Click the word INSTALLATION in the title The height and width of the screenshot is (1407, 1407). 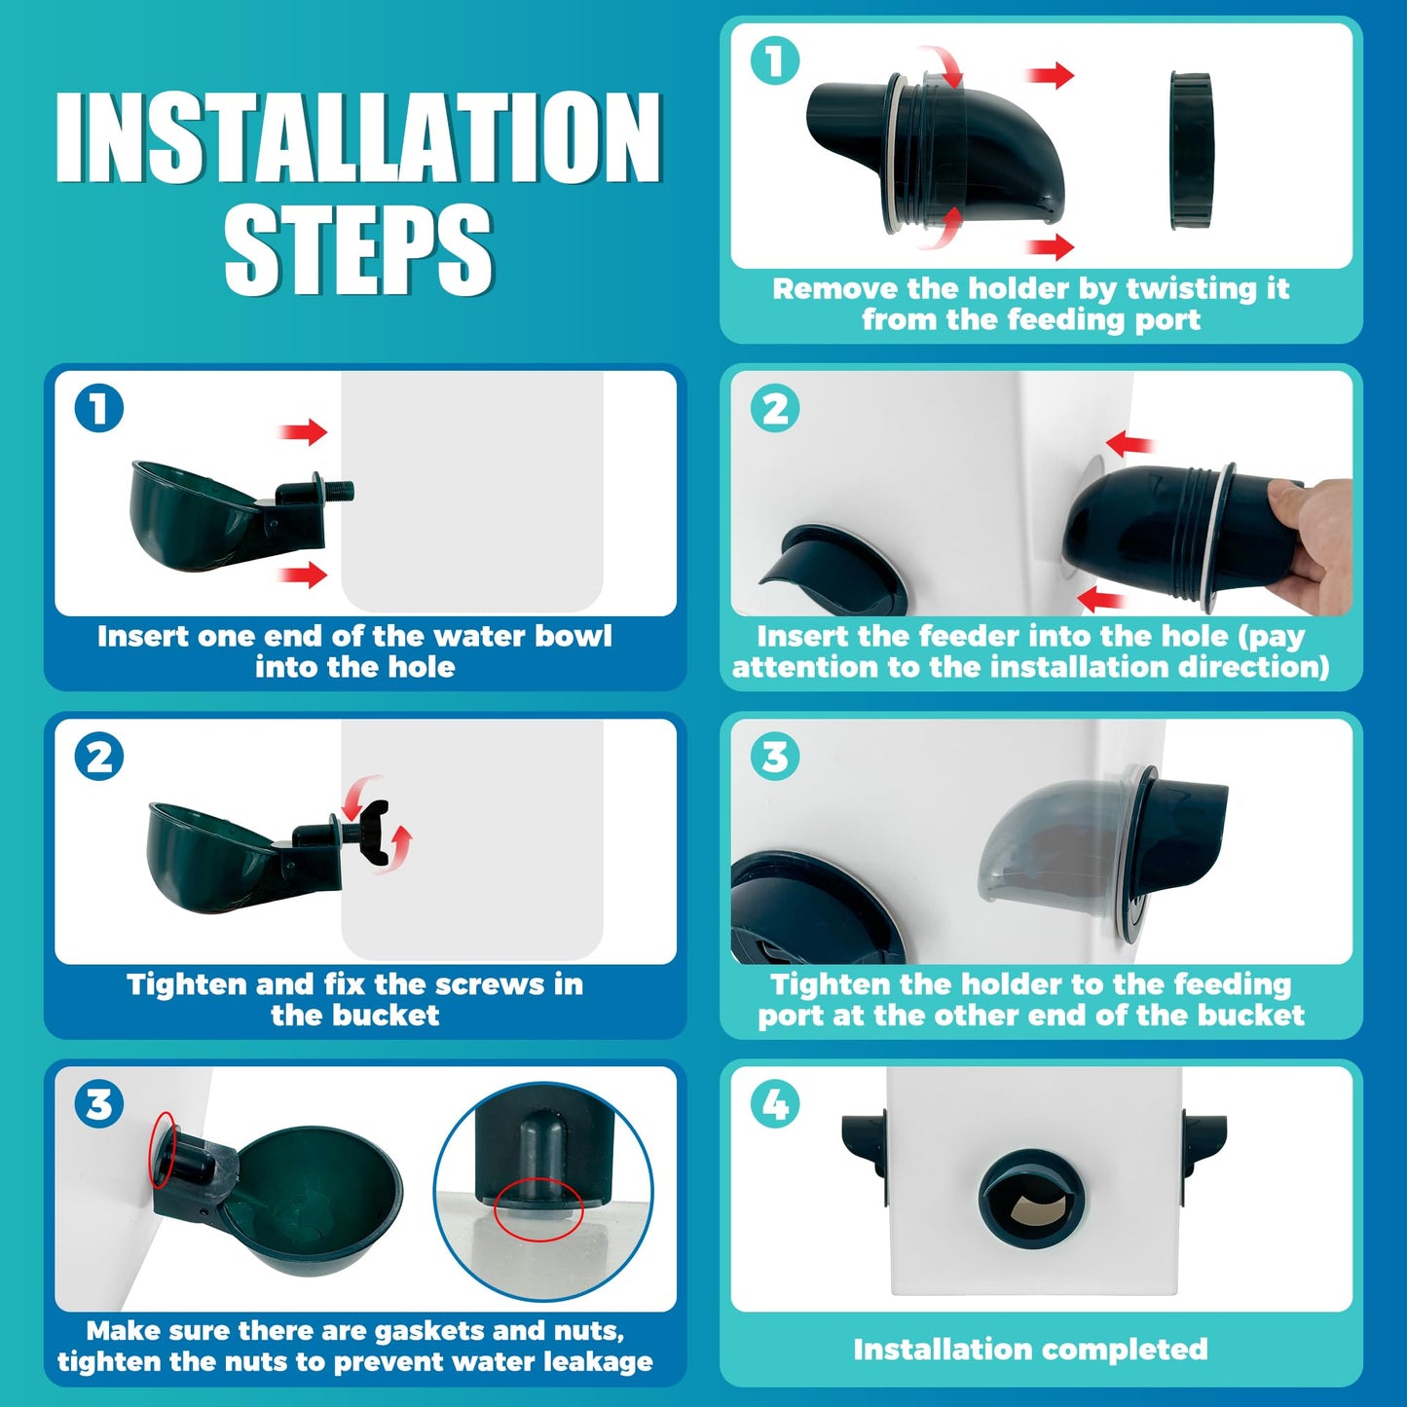pos(358,137)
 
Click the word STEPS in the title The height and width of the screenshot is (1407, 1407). pos(358,249)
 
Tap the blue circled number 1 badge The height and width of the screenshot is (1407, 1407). pos(99,408)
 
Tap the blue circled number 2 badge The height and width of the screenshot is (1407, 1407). pos(99,757)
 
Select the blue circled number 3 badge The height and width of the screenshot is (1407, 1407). pos(99,1104)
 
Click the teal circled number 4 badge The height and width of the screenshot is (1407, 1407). pos(775,1104)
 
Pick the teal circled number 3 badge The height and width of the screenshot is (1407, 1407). pos(775,757)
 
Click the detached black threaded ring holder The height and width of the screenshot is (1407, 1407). pos(1191,150)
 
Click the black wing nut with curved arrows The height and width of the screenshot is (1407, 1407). pos(378,832)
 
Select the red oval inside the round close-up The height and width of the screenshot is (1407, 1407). pos(538,1208)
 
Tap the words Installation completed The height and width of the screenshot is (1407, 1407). pos(1030,1350)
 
